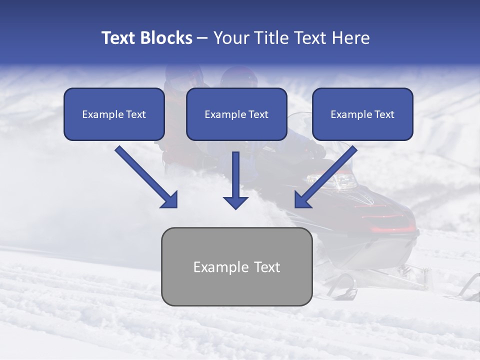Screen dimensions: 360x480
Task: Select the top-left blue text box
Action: (114, 114)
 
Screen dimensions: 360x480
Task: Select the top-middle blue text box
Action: (236, 114)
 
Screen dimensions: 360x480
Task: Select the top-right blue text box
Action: (362, 114)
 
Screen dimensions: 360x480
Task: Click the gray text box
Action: (237, 266)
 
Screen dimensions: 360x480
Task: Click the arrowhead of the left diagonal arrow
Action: (170, 200)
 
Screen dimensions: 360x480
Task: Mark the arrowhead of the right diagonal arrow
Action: (302, 200)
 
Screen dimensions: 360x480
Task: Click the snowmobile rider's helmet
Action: (237, 77)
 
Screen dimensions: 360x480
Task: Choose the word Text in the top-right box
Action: (384, 114)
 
